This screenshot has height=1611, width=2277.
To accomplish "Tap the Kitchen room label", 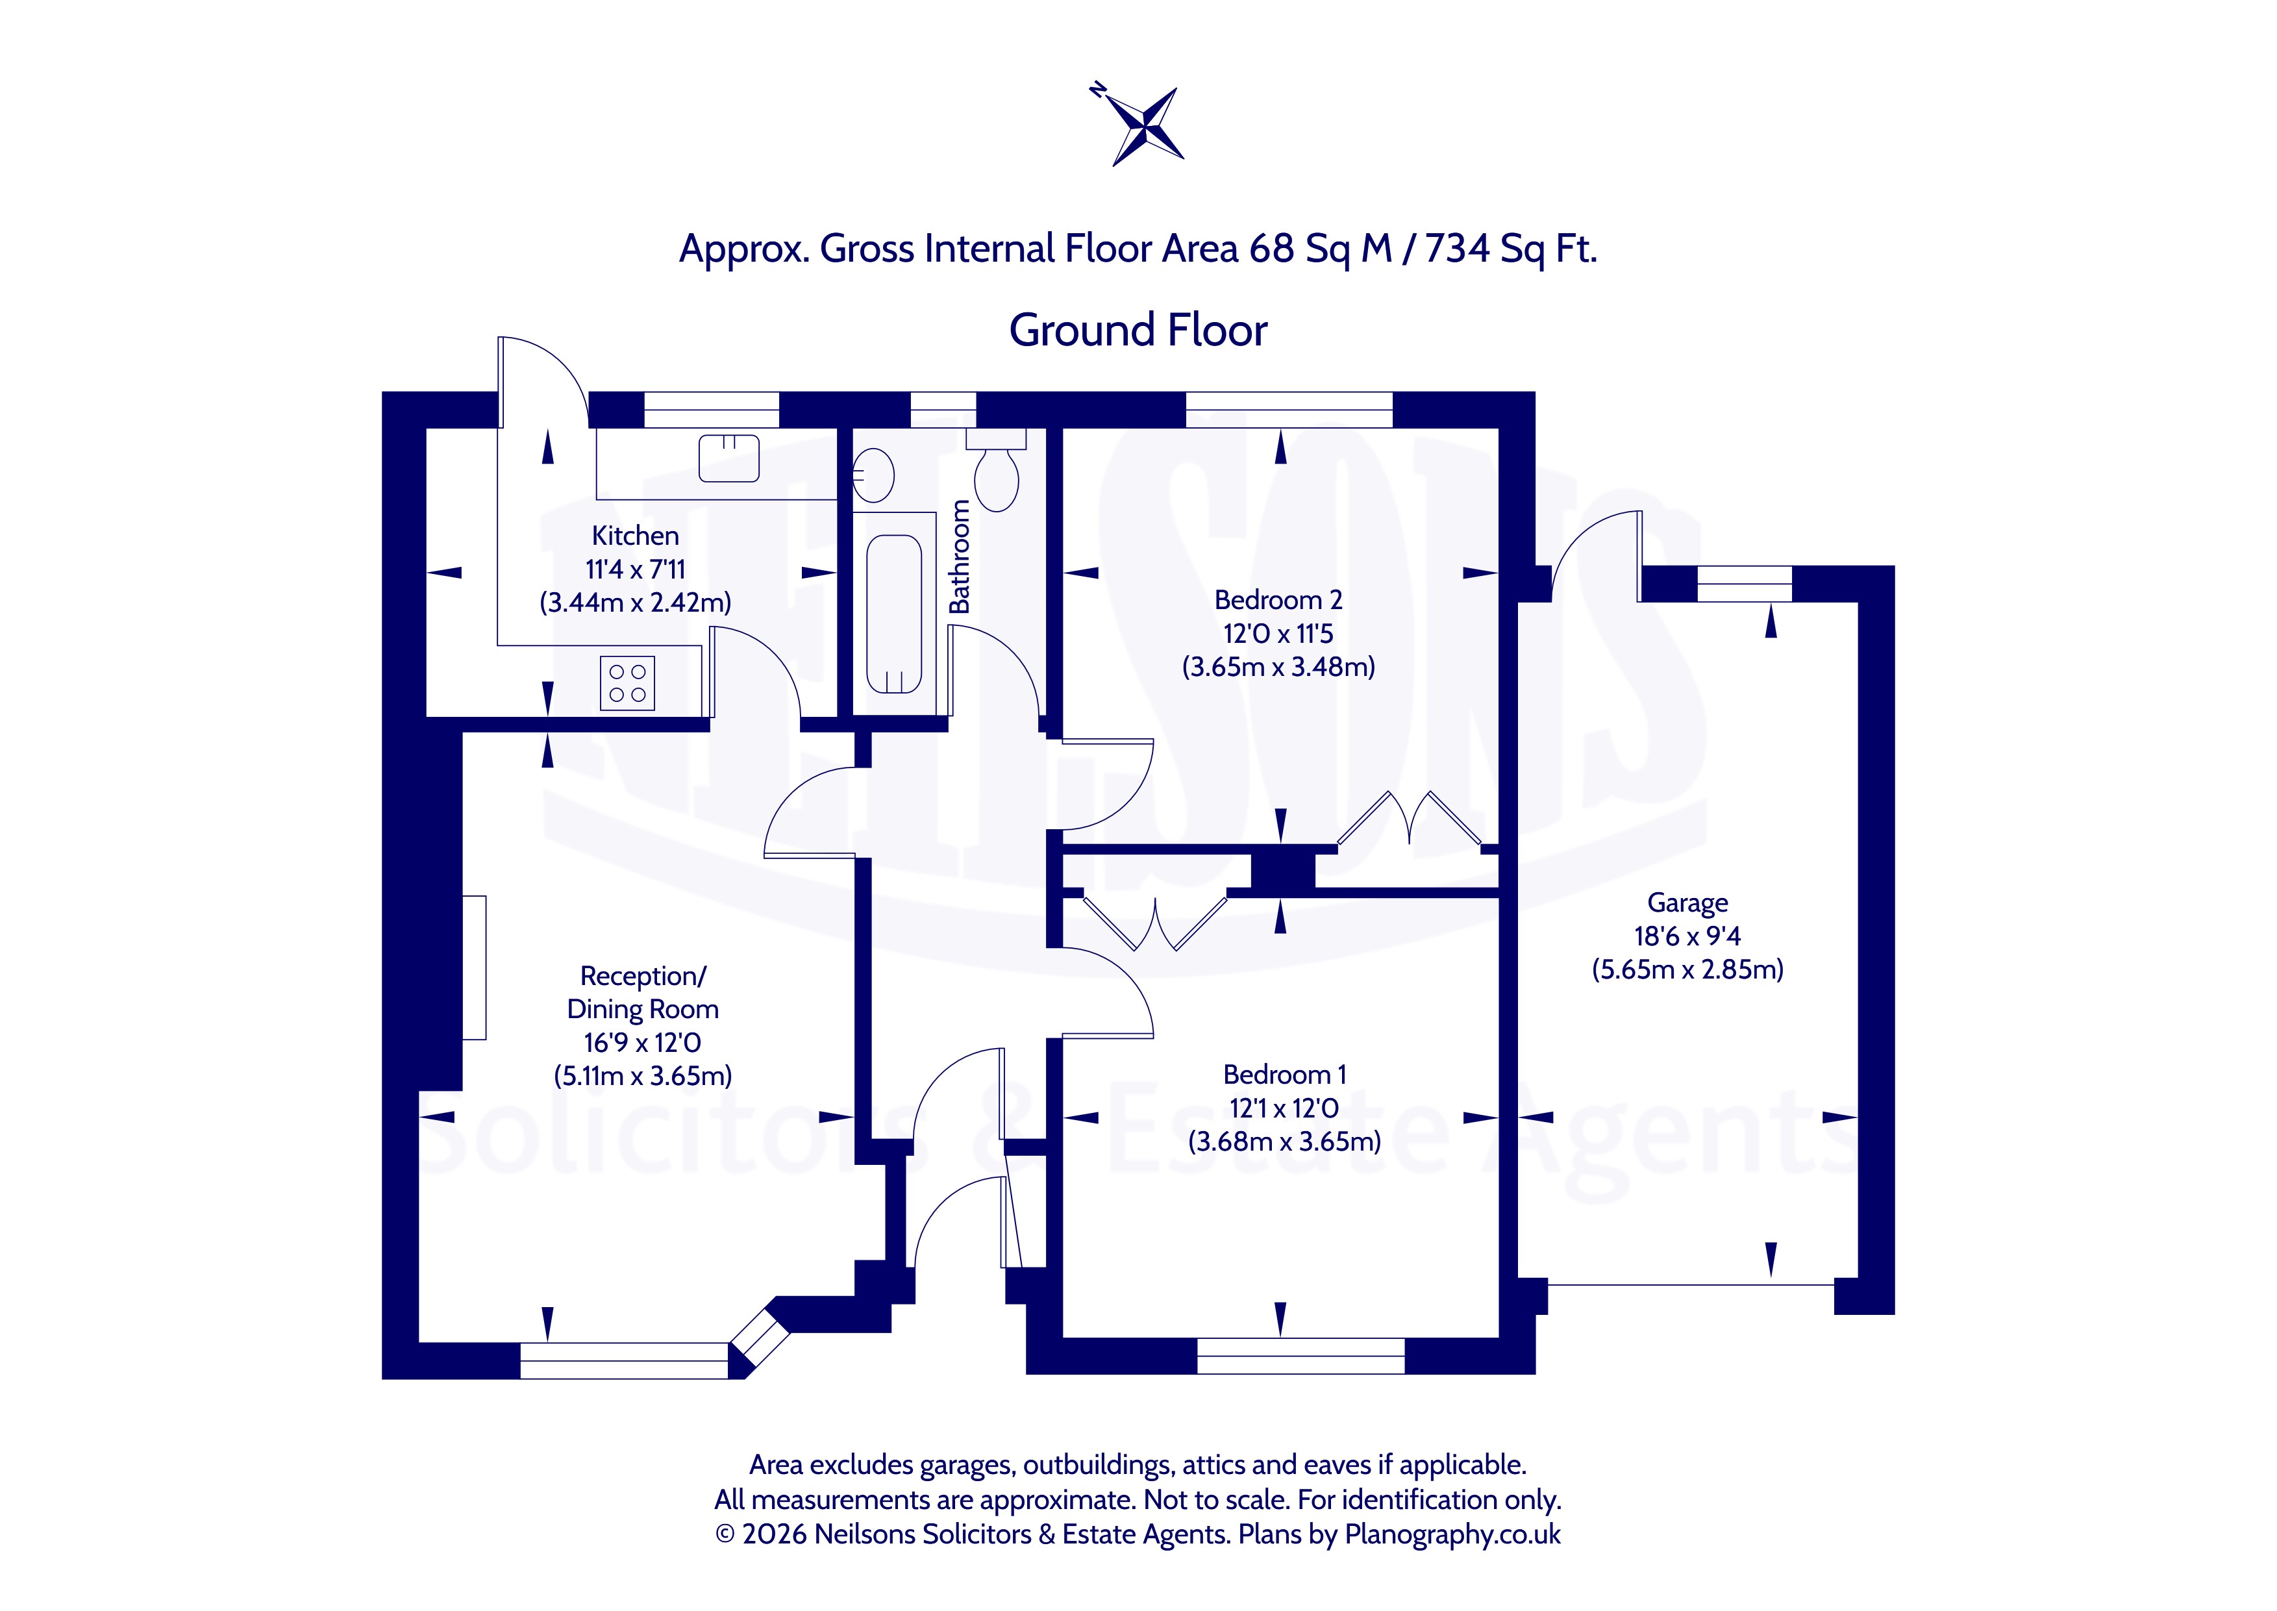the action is point(635,536).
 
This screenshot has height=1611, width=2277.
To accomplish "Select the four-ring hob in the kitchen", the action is point(627,682).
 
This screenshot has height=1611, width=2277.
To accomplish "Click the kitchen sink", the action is point(729,458).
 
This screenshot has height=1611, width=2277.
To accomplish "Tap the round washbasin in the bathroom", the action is point(873,475).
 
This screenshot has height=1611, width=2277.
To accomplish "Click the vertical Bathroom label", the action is point(959,556).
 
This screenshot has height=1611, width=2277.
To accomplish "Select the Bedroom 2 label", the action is point(1278,600).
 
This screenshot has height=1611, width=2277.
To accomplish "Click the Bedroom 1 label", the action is point(1284,1075).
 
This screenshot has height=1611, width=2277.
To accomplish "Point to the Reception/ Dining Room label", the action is point(643,993).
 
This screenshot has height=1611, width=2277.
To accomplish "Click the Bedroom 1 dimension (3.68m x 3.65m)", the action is point(1284,1142).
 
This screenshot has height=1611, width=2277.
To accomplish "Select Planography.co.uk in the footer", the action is point(1452,1534).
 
